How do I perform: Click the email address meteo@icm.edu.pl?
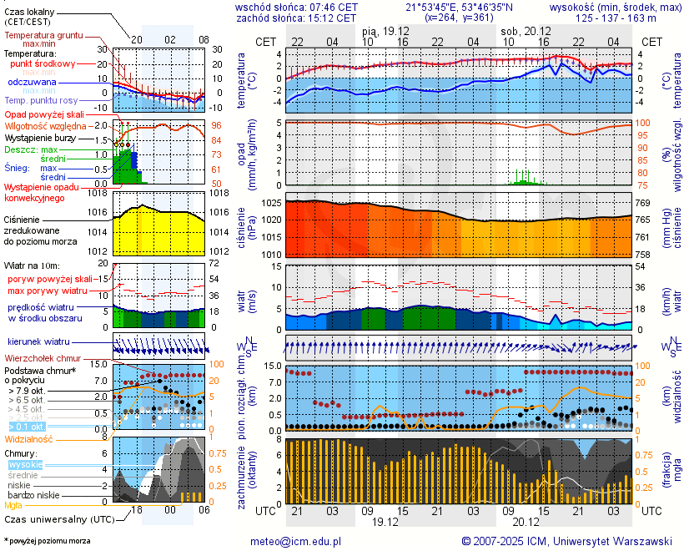(296, 541)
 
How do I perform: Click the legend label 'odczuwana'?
(32, 83)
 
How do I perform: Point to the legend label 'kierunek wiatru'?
(38, 342)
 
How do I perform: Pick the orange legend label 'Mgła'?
(13, 505)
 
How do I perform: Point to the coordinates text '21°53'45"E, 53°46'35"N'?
(460, 7)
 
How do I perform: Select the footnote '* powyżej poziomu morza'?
(47, 541)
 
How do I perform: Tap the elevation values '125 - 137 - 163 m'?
(618, 17)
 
